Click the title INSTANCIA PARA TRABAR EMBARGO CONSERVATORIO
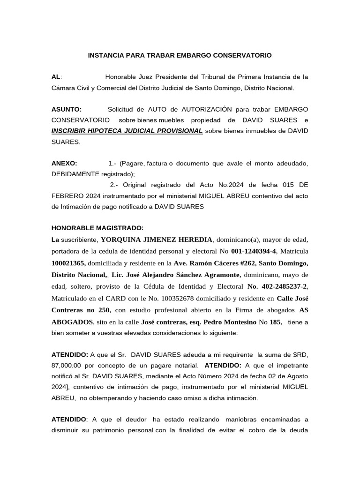coord(180,55)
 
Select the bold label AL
coord(56,77)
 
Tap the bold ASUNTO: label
coord(66,109)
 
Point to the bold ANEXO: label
coord(64,163)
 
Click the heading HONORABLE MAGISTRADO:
coord(97,228)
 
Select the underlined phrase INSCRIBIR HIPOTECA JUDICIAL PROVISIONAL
coord(127,131)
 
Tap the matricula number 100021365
coord(68,262)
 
